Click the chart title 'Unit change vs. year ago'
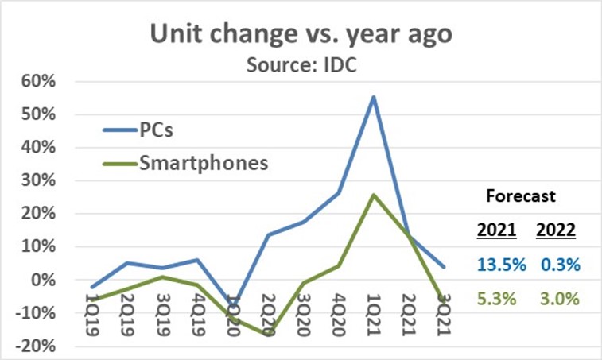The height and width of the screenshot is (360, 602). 301,36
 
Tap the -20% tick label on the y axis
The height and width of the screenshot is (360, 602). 36,346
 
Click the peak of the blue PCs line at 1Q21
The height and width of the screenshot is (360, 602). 373,97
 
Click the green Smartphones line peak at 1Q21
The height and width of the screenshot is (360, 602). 373,195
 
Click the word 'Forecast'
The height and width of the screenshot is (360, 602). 521,195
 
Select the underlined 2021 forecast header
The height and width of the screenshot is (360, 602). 497,230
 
